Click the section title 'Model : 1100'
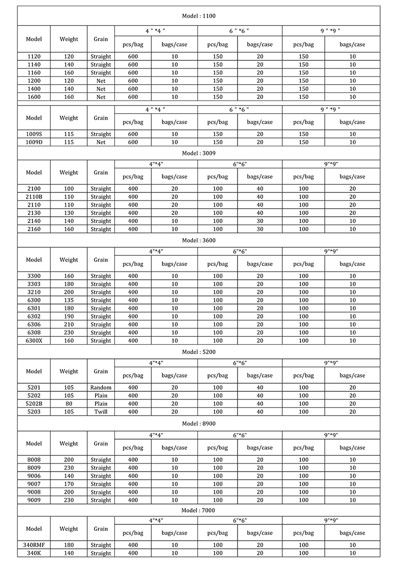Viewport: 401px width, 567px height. click(198, 16)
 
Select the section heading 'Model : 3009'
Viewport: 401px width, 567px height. click(198, 153)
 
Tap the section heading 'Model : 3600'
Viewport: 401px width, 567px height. click(198, 240)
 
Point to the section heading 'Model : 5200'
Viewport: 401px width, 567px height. click(198, 352)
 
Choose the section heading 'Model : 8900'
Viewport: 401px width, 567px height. click(198, 423)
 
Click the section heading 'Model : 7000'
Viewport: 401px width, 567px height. click(198, 510)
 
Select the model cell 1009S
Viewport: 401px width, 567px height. click(34, 134)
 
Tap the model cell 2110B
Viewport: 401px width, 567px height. click(34, 196)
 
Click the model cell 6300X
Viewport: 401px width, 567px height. click(34, 341)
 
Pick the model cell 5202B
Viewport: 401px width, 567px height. click(34, 404)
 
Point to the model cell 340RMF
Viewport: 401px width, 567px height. click(34, 545)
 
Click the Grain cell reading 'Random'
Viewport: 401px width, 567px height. click(101, 387)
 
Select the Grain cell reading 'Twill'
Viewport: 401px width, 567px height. click(101, 412)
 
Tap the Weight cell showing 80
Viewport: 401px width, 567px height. click(69, 404)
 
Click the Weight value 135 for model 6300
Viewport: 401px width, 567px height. click(69, 300)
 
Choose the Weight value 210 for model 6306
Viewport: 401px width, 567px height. click(69, 324)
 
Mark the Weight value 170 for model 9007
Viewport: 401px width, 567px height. click(69, 484)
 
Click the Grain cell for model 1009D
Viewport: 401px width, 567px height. click(101, 142)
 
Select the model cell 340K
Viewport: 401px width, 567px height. click(34, 553)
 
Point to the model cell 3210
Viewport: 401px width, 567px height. click(34, 292)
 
